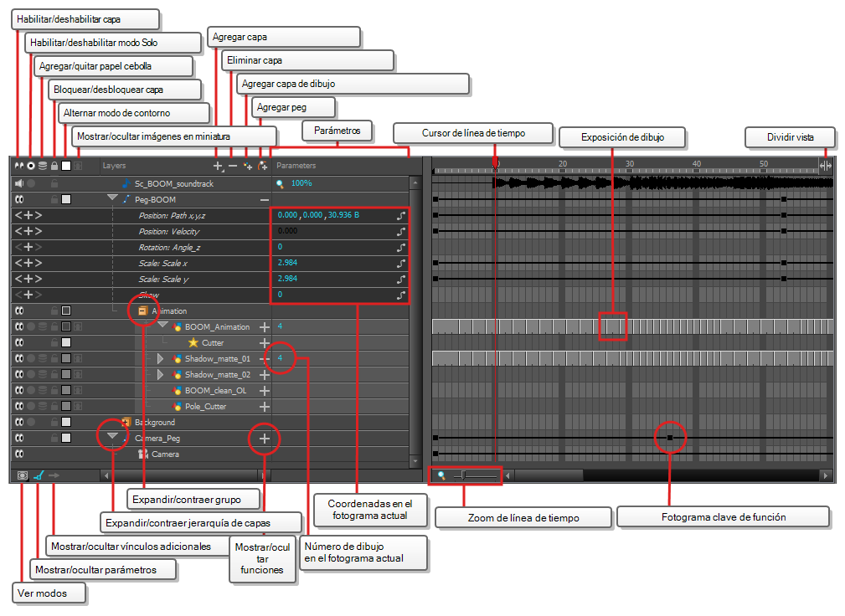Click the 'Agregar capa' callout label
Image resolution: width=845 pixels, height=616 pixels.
[240, 37]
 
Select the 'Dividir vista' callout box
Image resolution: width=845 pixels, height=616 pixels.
[790, 137]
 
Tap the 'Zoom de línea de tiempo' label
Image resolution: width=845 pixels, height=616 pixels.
[523, 518]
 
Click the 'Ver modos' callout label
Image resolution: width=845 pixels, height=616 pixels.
[42, 593]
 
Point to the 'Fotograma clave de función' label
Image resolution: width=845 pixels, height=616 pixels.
[724, 517]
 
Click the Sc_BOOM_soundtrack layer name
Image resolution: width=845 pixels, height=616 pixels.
[173, 183]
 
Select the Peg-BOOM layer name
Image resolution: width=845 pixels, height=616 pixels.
[155, 200]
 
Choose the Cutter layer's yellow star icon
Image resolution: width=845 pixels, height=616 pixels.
[193, 342]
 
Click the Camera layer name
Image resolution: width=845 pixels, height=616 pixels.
[166, 454]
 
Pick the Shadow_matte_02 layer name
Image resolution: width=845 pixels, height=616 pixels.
[218, 375]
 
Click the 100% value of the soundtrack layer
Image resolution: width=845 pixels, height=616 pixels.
[301, 183]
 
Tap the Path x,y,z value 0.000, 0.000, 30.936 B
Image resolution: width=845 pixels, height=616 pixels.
[318, 215]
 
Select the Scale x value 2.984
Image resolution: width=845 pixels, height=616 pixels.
[287, 263]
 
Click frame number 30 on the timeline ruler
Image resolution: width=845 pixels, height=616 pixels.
[630, 164]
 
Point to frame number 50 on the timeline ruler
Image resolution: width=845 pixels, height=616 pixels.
[764, 164]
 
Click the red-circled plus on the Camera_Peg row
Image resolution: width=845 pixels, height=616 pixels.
[264, 439]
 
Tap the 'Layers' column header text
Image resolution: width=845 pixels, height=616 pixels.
[114, 166]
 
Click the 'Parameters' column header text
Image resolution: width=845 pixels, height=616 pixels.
[296, 166]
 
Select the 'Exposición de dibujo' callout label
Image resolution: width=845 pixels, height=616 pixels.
[622, 137]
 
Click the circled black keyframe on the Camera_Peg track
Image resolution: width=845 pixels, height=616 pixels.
[670, 438]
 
